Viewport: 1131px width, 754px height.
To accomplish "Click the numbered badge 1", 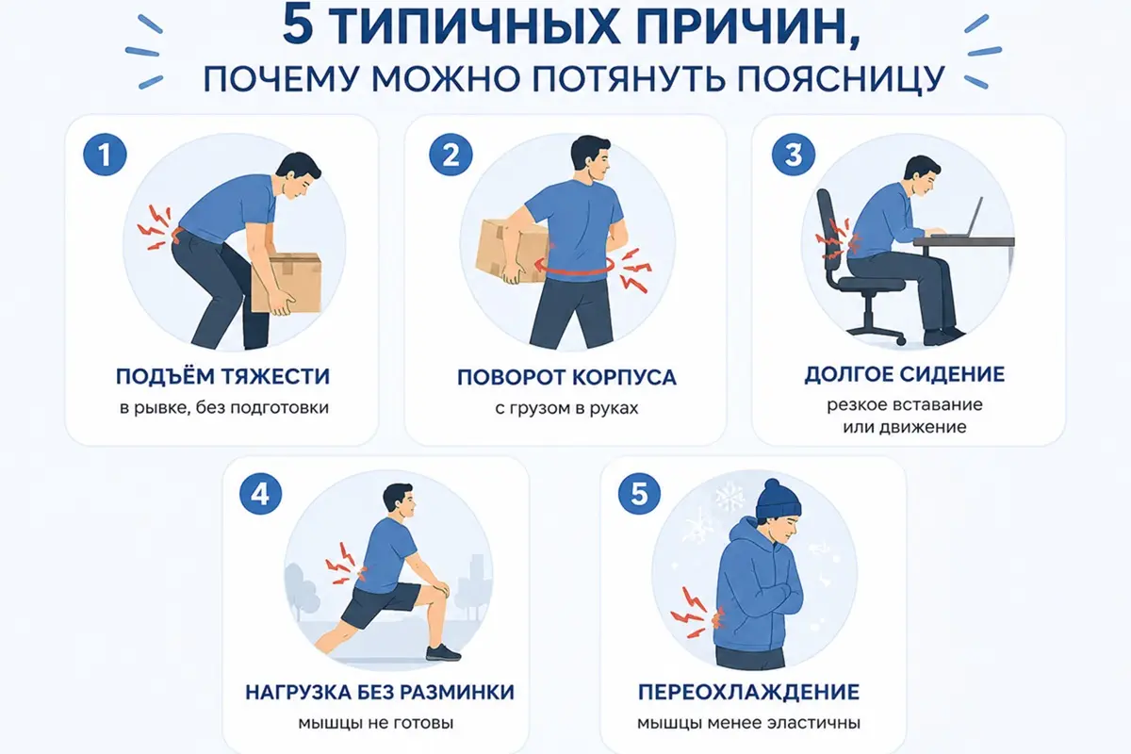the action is (105, 155).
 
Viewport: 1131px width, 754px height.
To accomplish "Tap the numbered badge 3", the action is (794, 155).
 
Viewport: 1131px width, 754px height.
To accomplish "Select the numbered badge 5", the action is (639, 494).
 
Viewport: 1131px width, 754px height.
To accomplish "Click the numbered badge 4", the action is (260, 494).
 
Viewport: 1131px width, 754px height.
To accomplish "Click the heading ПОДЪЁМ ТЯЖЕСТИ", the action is (222, 376).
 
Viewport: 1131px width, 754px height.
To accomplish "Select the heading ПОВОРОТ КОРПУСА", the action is (566, 377).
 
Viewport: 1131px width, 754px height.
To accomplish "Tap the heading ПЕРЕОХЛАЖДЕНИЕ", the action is (748, 692).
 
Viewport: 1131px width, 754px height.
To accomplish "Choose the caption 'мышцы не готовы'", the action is (376, 723).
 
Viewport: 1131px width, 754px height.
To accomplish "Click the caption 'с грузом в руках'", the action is (566, 407).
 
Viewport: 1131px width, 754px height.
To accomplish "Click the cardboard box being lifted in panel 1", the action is (287, 283).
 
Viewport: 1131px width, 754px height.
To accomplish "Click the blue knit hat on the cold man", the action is (779, 498).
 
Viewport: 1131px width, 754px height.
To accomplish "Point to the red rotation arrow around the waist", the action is (576, 269).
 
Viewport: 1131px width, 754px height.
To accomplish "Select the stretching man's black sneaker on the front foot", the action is (443, 652).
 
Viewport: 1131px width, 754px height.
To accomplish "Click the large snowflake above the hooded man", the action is (729, 497).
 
